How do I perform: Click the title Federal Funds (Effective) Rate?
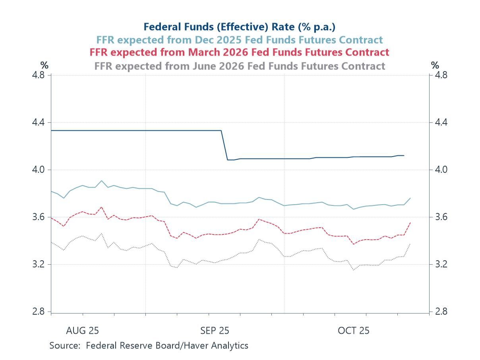pyautogui.click(x=240, y=27)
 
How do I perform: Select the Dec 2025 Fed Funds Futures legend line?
pyautogui.click(x=240, y=40)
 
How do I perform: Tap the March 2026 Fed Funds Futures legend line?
pyautogui.click(x=240, y=52)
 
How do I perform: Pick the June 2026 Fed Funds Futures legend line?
pyautogui.click(x=240, y=66)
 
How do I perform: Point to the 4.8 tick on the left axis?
pyautogui.click(x=40, y=75)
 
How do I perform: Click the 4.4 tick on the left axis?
pyautogui.click(x=40, y=122)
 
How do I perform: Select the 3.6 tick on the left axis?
pyautogui.click(x=40, y=217)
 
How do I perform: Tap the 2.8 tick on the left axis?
pyautogui.click(x=40, y=312)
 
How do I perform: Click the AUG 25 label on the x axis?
pyautogui.click(x=83, y=331)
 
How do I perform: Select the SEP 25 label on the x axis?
pyautogui.click(x=215, y=331)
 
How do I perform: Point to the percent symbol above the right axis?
pyautogui.click(x=435, y=65)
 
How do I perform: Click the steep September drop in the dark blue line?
pyautogui.click(x=224, y=145)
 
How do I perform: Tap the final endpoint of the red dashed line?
pyautogui.click(x=410, y=223)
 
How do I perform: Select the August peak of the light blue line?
pyautogui.click(x=102, y=180)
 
